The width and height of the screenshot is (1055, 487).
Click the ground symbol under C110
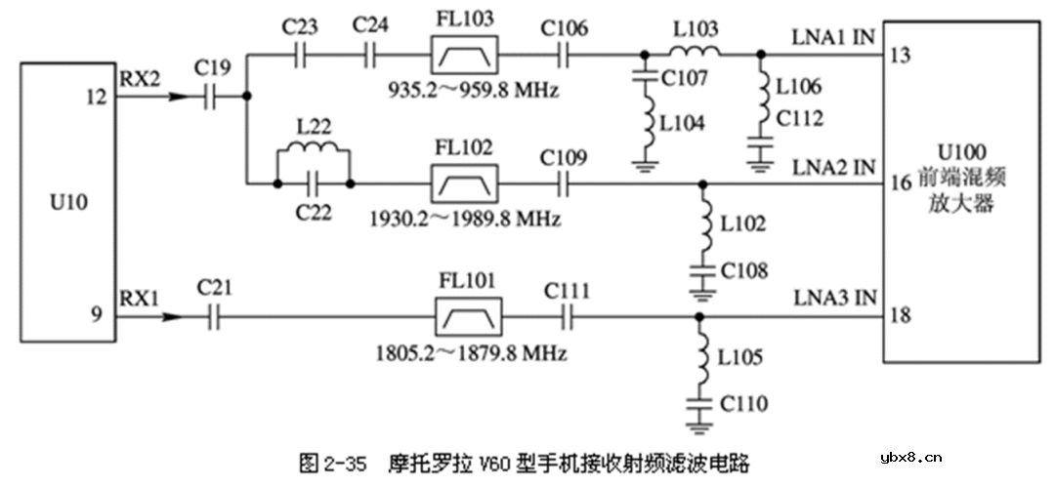click(697, 425)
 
